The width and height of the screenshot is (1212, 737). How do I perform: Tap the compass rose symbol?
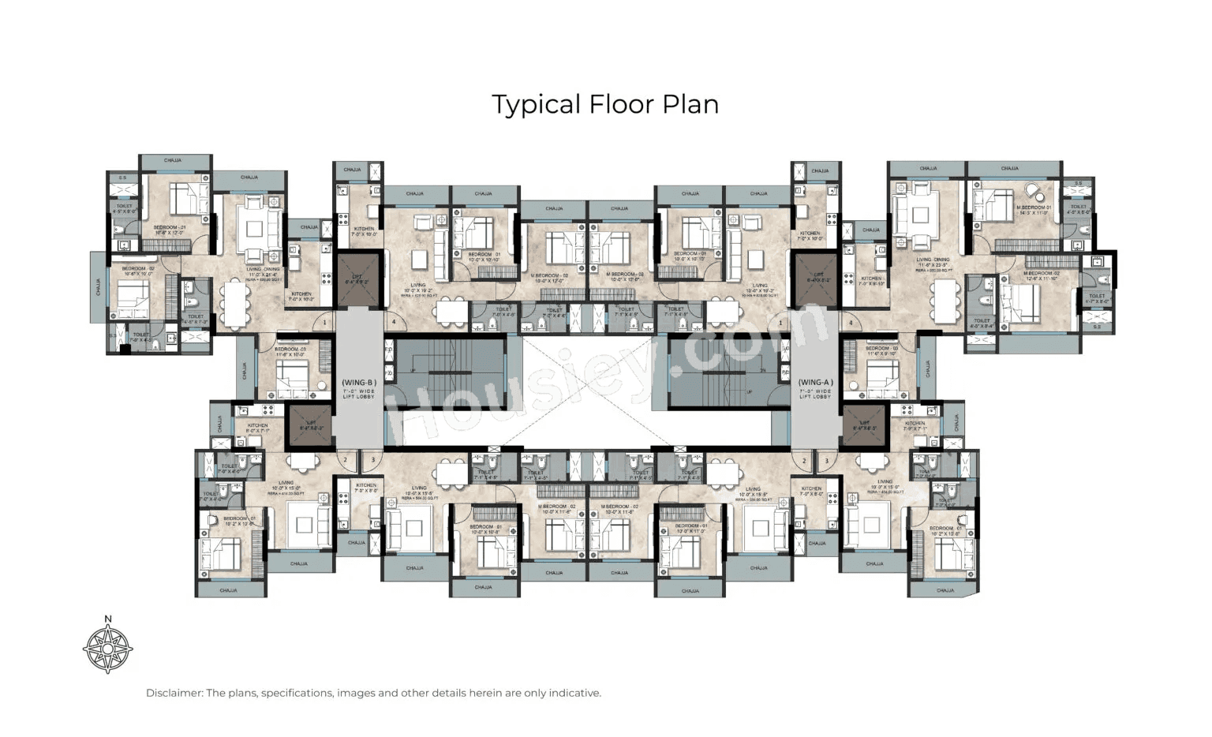coord(107,649)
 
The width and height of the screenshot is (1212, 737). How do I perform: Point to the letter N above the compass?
coord(108,619)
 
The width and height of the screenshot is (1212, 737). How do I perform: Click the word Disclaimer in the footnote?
coord(174,694)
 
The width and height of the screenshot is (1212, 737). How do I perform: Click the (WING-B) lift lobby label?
coord(359,387)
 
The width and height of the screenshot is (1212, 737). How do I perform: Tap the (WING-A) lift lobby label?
coord(815,387)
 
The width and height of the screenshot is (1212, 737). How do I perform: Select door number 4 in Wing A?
coord(851,323)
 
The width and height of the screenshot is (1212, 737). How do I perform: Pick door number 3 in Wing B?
coord(372,460)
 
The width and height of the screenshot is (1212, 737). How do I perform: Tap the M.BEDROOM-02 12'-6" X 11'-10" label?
coord(1042,275)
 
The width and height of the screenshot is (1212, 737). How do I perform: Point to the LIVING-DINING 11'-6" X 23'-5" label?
coord(933,263)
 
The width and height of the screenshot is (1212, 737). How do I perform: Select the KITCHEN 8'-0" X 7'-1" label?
coord(257,428)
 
